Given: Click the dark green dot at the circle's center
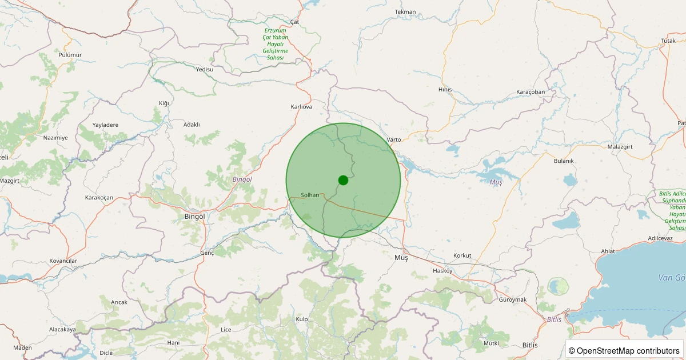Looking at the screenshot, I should pos(343,180).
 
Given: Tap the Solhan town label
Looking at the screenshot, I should pos(310,195).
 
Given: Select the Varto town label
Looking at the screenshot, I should pos(394,139).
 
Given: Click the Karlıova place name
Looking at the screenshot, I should pos(301,107).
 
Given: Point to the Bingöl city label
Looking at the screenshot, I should pos(194,217).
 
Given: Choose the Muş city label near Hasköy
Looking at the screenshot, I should pos(401,258).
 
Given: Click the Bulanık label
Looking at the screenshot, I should pos(563,161).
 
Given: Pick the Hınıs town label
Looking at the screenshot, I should pos(445,90).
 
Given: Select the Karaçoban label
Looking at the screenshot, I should pos(531,92).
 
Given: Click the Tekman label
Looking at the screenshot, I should pos(405,12).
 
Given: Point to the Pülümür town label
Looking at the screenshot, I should pos(70,55).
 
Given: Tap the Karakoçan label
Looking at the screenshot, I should pos(99,198).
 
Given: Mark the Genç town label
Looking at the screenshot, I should pos(206,253).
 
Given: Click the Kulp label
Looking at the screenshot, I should pos(302,319).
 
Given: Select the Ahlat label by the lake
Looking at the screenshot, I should pos(608,251).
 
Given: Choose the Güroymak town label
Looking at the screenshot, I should pos(512,300).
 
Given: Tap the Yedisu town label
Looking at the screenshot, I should pos(204,69).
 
